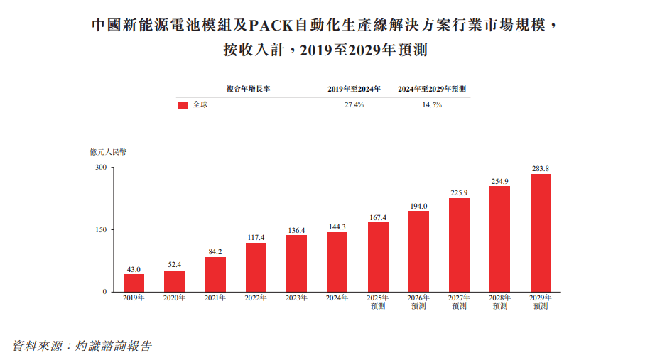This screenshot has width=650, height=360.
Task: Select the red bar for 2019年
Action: pos(134,283)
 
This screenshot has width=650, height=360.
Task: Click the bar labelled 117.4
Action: pos(256,267)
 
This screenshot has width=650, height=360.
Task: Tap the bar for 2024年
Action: pos(337,262)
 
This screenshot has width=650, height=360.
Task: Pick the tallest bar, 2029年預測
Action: pos(541,233)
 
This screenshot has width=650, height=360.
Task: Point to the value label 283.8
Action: pos(541,168)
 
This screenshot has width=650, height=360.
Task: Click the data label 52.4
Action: pos(174,265)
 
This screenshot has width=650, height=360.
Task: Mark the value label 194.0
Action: pos(418,206)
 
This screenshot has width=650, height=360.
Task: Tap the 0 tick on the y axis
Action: pos(104,292)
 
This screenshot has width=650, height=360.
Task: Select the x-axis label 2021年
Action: pos(215,298)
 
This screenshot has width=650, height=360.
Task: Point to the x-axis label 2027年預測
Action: pos(460,302)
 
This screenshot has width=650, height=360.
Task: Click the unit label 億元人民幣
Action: pos(107,151)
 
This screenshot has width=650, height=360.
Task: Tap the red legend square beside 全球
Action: pos(182,104)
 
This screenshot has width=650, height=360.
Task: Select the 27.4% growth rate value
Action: pos(354,104)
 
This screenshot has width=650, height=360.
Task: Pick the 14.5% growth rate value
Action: pos(431,104)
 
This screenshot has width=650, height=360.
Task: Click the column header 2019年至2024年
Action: pos(354,89)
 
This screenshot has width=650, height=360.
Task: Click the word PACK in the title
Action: pos(273,26)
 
